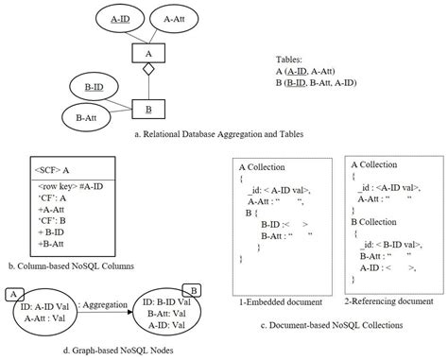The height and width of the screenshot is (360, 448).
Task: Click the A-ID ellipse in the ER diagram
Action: [x=121, y=18]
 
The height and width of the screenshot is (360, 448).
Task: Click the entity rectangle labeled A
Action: [x=146, y=54]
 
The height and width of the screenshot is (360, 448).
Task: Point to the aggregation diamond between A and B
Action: [x=146, y=81]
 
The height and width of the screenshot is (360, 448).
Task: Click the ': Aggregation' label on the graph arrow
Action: [x=102, y=304]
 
